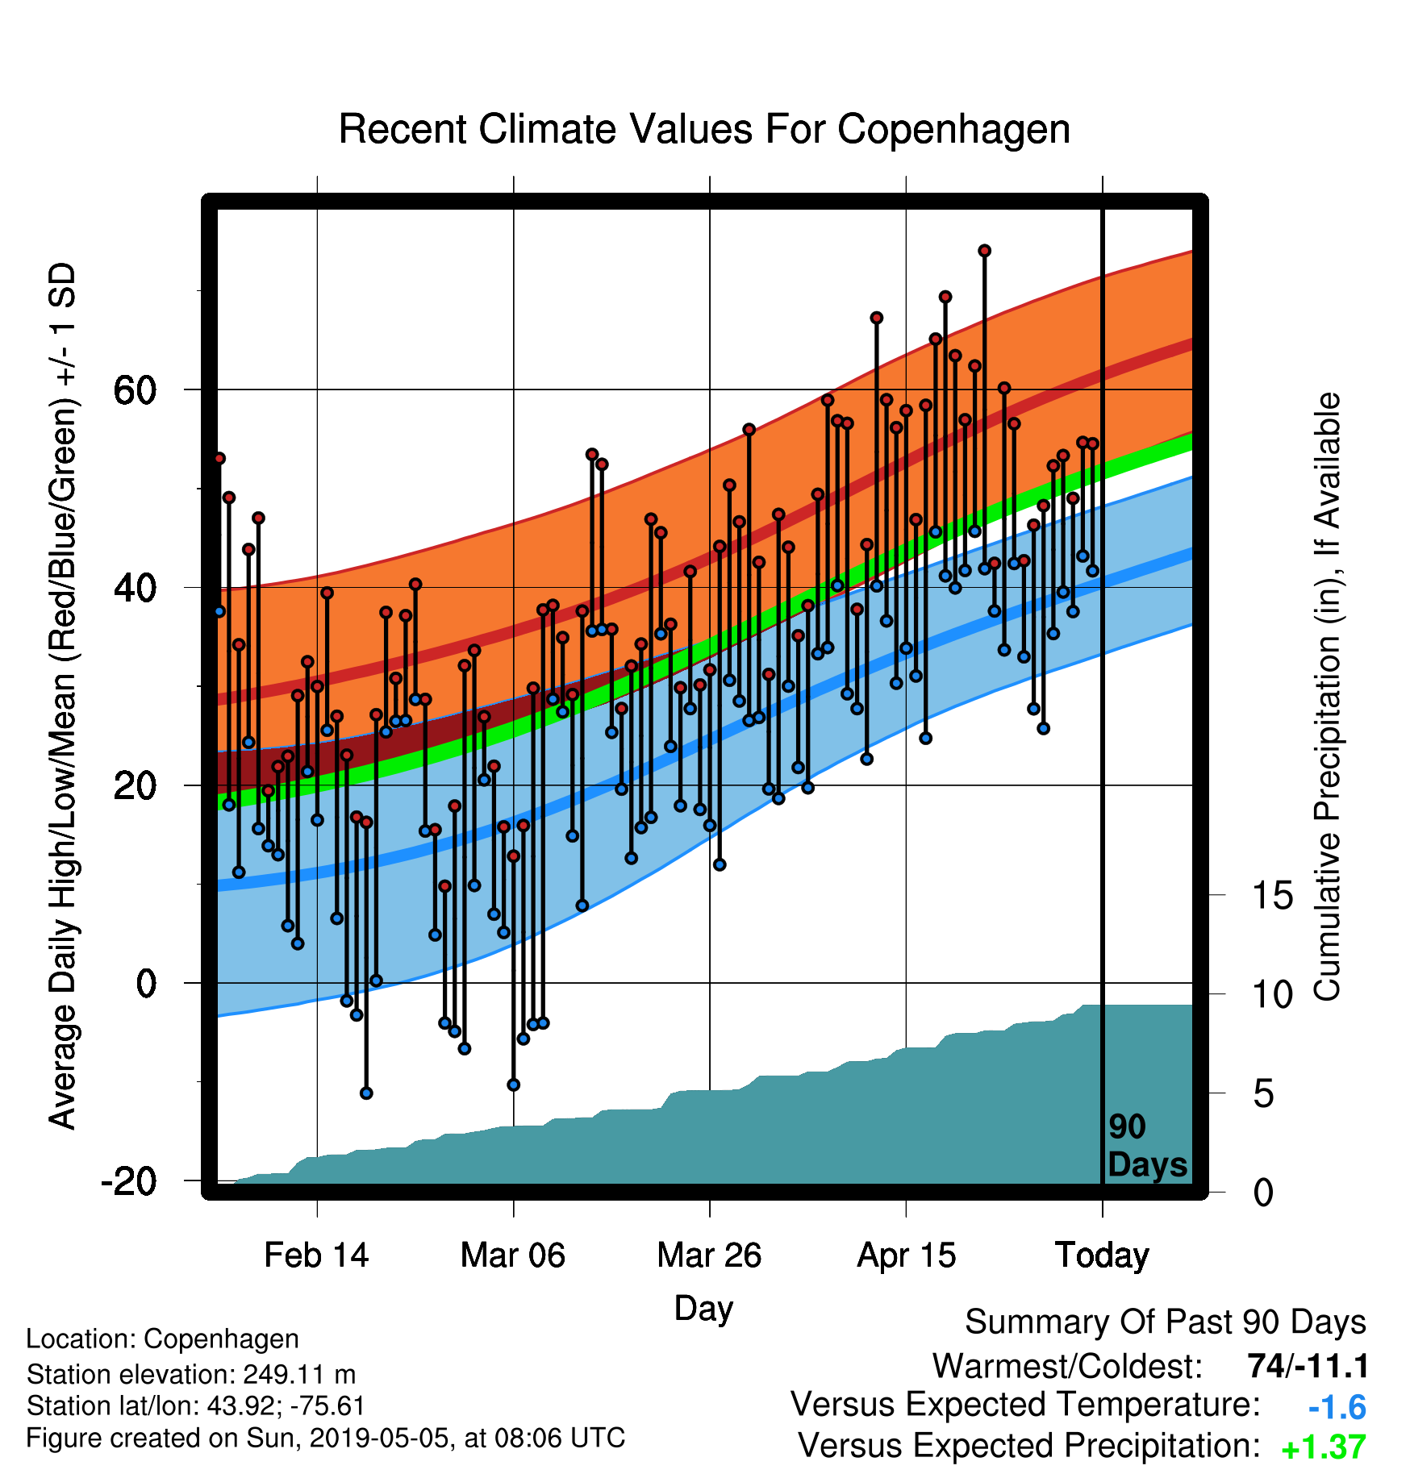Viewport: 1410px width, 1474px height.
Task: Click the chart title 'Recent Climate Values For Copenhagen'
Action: pos(704,129)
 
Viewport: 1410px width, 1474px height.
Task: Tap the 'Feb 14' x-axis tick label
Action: pos(316,1255)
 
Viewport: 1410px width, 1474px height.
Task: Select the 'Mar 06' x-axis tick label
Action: pos(513,1255)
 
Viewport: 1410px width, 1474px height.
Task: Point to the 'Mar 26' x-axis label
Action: pos(709,1255)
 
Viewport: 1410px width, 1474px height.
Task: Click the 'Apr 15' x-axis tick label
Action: pos(906,1255)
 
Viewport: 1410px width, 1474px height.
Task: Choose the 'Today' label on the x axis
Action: pos(1102,1255)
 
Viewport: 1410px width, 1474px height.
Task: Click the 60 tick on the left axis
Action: pos(135,390)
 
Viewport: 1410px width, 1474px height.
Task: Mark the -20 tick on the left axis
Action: pos(128,1182)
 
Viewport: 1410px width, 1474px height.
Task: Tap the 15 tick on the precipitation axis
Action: pos(1272,896)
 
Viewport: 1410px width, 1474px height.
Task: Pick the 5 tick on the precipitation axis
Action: pos(1263,1094)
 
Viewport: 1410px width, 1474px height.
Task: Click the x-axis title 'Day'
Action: pos(703,1308)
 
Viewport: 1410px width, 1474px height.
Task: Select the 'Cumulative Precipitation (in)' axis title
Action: pos(1327,697)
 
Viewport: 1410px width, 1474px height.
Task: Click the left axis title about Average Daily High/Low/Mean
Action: pos(63,695)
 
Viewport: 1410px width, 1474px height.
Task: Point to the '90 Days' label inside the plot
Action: pos(1146,1146)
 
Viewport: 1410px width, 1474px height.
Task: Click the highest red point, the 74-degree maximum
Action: pos(984,251)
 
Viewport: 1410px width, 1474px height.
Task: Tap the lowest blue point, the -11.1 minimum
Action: pos(366,1093)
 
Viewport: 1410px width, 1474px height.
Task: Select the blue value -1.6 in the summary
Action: pos(1337,1408)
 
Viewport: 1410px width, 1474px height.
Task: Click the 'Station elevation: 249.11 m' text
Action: pos(191,1374)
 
